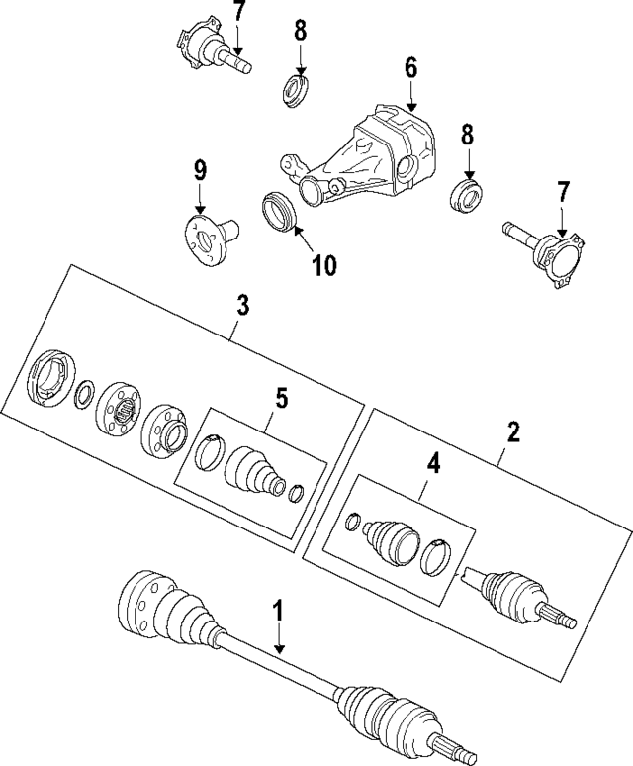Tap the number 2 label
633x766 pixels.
pos(513,431)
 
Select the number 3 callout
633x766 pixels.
pos(241,304)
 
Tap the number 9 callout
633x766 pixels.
pos(200,170)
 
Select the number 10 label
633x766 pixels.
pos(324,264)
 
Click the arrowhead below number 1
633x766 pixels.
pos(279,650)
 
